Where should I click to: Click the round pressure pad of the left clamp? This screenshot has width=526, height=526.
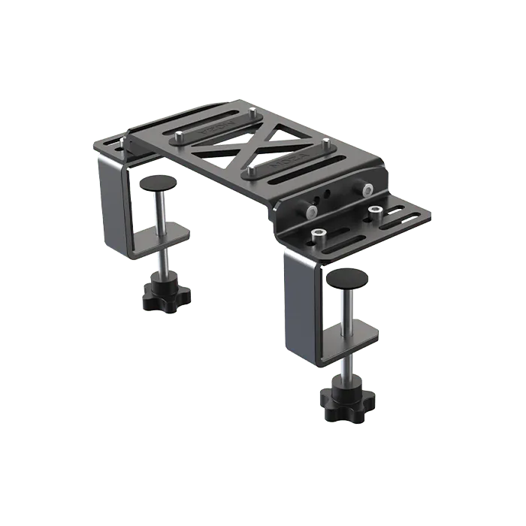pos(158,185)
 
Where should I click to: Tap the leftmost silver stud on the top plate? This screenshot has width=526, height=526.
pos(180,138)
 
